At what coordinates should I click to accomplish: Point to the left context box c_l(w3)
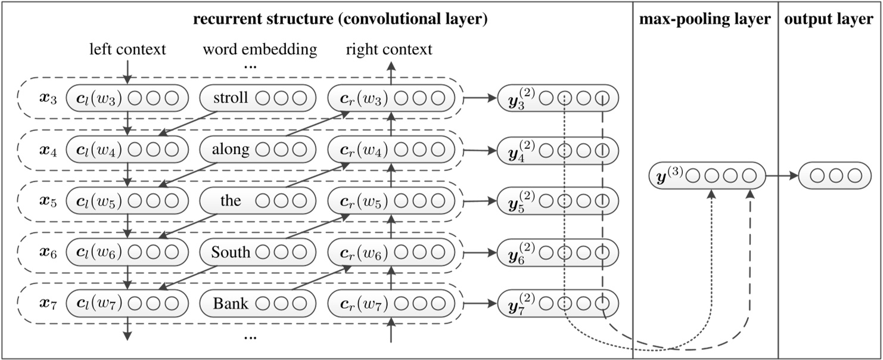tap(126, 98)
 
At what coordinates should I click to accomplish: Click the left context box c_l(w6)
tap(126, 253)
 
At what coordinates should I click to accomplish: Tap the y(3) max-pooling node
tap(706, 176)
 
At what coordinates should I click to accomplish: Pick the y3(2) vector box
tap(558, 98)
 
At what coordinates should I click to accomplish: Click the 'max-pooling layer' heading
tap(705, 20)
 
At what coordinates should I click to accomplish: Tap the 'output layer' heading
tap(829, 20)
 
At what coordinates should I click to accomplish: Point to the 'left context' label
tap(127, 49)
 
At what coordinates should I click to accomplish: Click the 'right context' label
tap(389, 49)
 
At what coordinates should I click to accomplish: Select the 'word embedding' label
tap(260, 49)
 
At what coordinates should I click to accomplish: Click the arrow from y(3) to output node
tap(781, 176)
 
